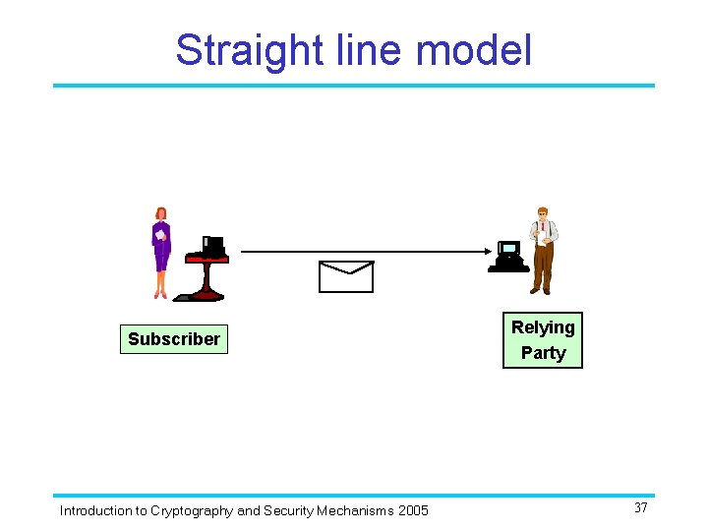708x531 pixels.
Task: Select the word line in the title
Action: (370, 50)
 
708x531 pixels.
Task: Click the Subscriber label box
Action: (174, 339)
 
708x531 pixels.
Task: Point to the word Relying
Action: (543, 327)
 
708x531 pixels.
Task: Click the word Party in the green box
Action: (543, 353)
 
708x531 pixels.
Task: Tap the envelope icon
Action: (346, 276)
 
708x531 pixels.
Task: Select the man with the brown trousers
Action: (542, 252)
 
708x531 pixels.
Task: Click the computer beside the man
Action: (509, 256)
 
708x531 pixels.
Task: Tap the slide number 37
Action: (640, 508)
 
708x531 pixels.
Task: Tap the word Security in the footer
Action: (288, 510)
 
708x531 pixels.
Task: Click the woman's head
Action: (161, 213)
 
